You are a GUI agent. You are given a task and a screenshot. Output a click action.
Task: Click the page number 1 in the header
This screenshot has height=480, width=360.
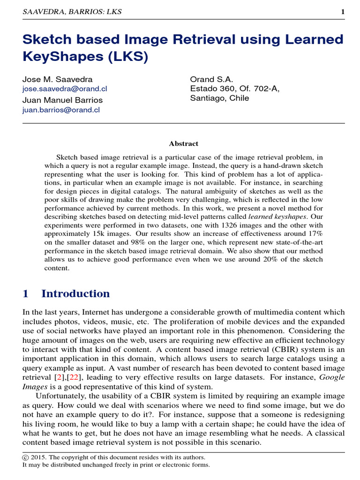click(343, 12)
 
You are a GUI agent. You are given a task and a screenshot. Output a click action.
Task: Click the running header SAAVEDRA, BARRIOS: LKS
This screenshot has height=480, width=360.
click(72, 12)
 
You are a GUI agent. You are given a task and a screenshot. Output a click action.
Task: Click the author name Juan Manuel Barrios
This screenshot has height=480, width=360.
click(62, 100)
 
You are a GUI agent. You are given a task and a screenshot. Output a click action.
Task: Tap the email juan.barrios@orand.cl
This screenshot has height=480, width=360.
click(61, 110)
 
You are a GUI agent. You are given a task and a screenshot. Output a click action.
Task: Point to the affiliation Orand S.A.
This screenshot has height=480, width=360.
click(211, 79)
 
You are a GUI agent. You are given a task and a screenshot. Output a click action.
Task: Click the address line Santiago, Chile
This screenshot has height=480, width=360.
click(219, 98)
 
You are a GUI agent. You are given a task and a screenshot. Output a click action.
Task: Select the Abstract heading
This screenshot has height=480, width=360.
click(183, 143)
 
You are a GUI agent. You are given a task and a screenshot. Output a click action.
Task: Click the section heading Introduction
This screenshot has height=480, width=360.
click(75, 294)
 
